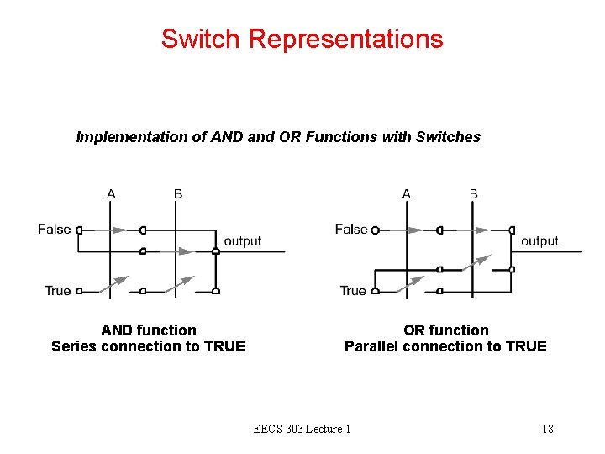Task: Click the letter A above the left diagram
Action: [x=111, y=194]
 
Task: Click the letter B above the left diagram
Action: [x=178, y=194]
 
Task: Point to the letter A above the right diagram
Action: [x=407, y=194]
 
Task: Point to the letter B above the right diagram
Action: [x=474, y=194]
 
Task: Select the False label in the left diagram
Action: [x=55, y=229]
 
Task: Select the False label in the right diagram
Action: [x=351, y=229]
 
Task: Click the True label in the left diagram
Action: [x=58, y=291]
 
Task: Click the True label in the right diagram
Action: [x=353, y=291]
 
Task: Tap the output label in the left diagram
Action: [x=243, y=241]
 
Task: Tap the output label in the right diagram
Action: [x=539, y=241]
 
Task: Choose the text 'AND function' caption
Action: [x=149, y=330]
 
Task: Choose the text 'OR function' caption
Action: [x=445, y=330]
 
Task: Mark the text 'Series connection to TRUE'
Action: [x=148, y=346]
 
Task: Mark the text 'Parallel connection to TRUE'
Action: [x=445, y=346]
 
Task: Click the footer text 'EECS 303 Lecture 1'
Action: [x=302, y=429]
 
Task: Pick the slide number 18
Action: [x=548, y=429]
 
